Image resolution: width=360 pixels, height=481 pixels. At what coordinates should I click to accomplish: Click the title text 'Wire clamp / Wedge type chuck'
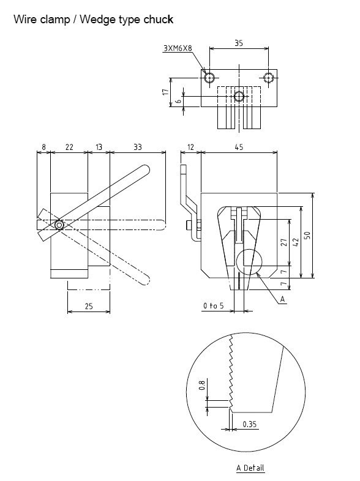coord(93,20)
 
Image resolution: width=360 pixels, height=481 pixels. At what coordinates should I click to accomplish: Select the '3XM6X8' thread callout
coord(178,47)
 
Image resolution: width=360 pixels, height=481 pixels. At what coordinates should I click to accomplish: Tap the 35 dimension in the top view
coord(239,43)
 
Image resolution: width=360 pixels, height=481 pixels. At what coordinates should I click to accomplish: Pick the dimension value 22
coord(69,147)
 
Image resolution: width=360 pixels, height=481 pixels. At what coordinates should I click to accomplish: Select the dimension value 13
coord(98,147)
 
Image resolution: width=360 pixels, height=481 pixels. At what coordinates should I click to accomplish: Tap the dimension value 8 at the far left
coord(43,147)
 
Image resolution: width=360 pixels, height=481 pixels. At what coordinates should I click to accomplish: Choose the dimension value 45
coord(238,147)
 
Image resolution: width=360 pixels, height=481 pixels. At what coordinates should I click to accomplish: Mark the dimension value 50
coord(317,236)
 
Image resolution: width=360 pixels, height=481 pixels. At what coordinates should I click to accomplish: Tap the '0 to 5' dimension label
coord(214,305)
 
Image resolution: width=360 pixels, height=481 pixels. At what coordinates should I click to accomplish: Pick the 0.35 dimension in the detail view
coord(249,423)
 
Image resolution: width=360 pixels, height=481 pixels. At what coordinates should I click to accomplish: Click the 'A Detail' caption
coord(250,468)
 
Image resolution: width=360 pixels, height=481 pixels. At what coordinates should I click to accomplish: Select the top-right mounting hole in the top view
coord(269,77)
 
